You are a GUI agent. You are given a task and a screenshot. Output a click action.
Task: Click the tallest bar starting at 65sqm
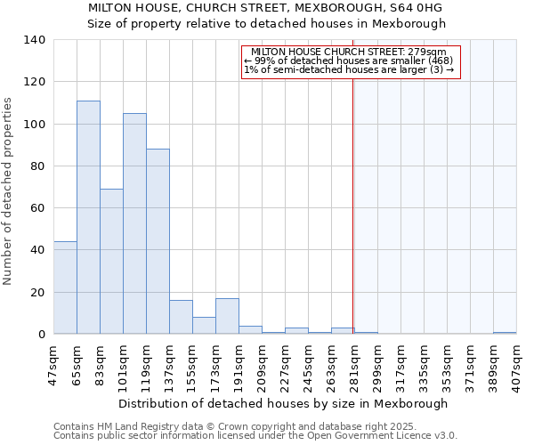coord(88,217)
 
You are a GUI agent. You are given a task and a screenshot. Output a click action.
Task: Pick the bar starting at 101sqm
coord(134,223)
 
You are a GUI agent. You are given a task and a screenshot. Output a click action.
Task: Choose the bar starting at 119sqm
coord(158,241)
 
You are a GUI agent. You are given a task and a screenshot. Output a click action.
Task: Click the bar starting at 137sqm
coord(181,317)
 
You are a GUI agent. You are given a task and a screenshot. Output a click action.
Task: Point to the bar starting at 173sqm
coord(227,316)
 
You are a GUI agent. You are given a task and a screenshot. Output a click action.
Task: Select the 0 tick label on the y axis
coord(41,335)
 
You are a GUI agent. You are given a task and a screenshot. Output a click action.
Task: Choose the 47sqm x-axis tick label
coord(53,360)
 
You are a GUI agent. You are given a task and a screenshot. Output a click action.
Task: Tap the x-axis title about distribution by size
coord(282,403)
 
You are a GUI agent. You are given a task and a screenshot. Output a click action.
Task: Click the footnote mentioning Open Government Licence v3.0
coord(255,435)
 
